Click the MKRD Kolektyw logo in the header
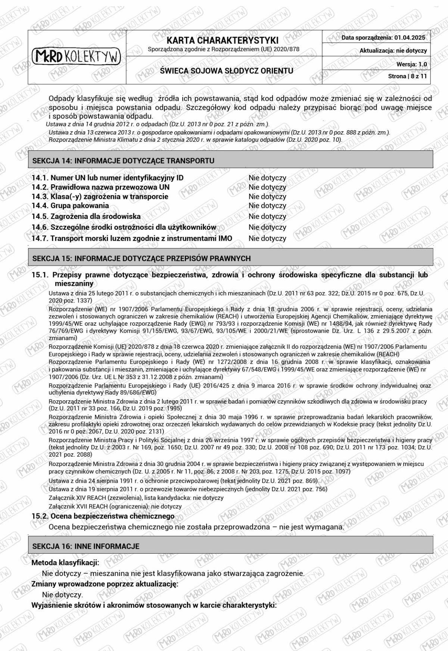[77, 56]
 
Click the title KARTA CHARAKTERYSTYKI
[223, 40]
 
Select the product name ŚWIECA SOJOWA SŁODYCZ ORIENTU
[226, 71]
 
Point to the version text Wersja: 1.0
[411, 64]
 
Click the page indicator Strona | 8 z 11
[407, 76]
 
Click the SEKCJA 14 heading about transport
[123, 161]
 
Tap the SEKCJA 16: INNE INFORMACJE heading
[86, 546]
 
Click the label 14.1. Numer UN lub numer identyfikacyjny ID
[108, 178]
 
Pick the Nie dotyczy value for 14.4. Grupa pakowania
[267, 206]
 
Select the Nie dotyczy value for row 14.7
[267, 238]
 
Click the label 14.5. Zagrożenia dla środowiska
[86, 216]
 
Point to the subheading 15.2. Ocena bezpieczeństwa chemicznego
[103, 516]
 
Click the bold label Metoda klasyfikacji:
[65, 562]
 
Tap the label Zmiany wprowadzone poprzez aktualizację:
[105, 584]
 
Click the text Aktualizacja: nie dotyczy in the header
[393, 51]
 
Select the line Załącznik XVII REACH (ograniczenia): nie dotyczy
[115, 507]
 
